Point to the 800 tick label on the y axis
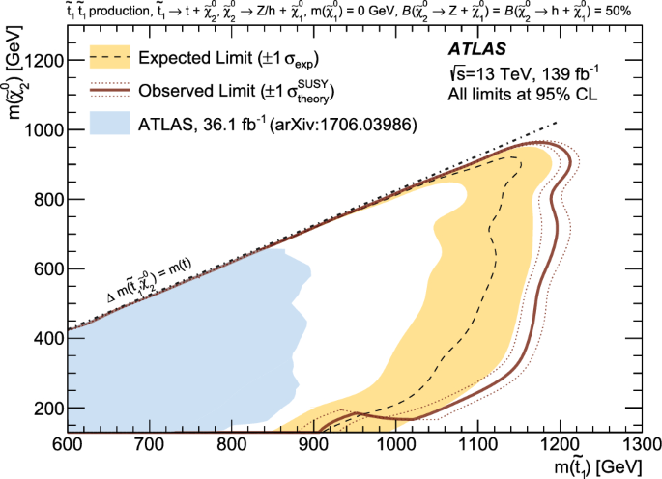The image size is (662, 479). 43,200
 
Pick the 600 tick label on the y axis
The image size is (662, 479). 43,269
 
